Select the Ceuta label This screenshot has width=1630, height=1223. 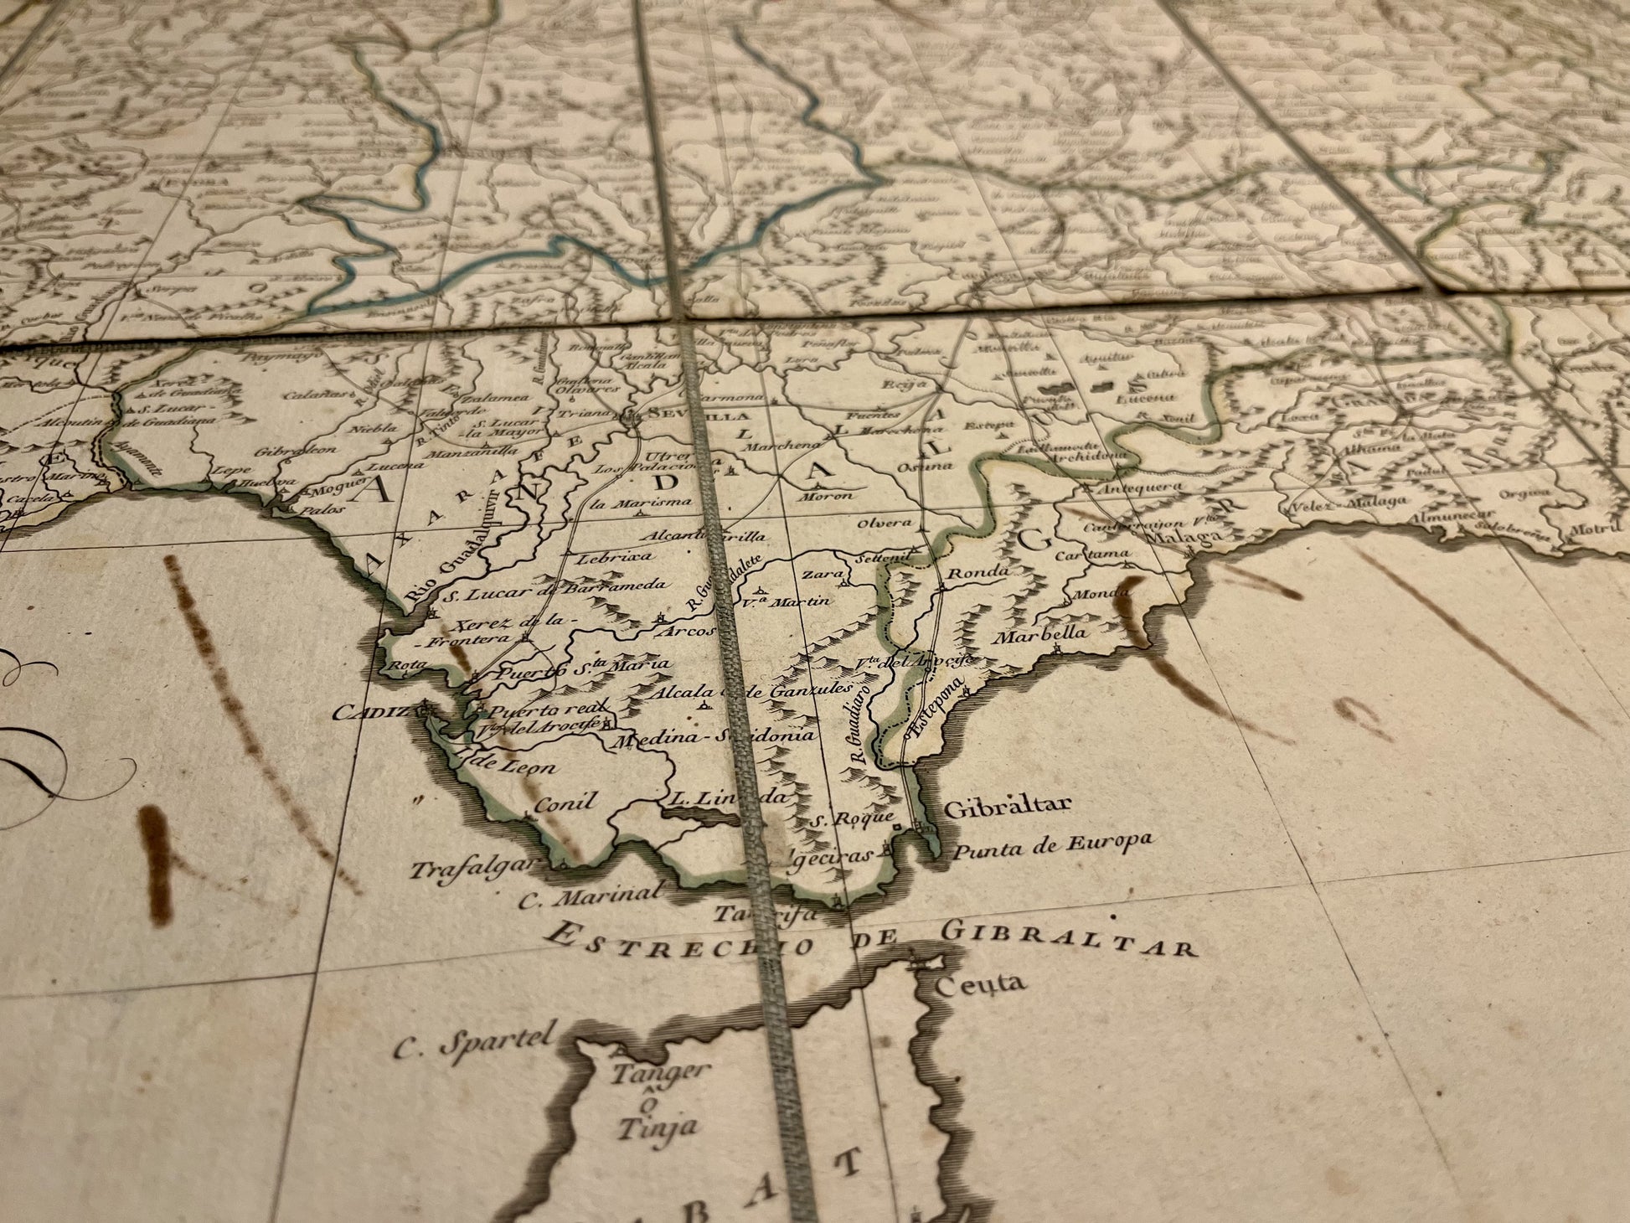tap(980, 983)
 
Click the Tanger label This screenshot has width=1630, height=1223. tap(649, 1072)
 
